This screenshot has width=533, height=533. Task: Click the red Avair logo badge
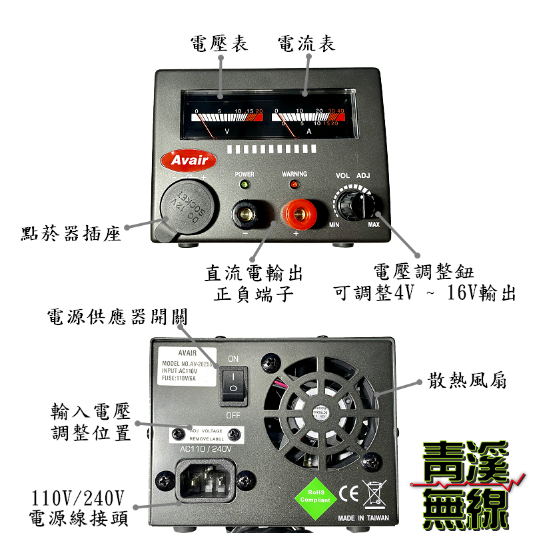189,160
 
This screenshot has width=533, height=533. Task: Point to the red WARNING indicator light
294,183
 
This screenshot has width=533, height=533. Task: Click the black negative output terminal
246,215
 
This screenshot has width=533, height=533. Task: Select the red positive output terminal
298,215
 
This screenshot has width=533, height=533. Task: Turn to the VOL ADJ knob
353,203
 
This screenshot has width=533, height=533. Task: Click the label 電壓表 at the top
219,45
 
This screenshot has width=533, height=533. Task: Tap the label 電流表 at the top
306,45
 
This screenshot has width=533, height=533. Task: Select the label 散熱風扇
467,381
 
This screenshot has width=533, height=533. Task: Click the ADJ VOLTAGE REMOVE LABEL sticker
206,434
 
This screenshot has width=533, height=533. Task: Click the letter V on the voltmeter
228,131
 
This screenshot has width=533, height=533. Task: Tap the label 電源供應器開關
117,316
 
